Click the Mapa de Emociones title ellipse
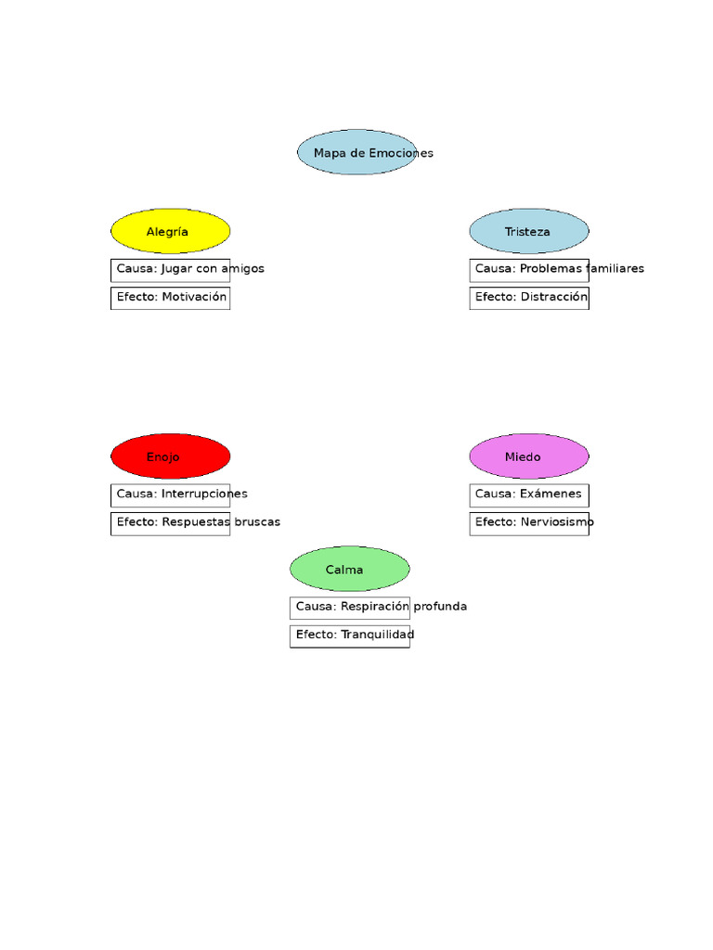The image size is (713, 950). [356, 153]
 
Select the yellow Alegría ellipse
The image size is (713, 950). [171, 232]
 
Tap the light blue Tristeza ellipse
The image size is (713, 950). [529, 232]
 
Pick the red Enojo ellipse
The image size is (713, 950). [171, 457]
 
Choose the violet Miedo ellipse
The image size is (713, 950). [529, 457]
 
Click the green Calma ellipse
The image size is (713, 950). [350, 570]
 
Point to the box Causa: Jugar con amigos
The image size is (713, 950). [171, 269]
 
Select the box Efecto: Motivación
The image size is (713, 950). [171, 298]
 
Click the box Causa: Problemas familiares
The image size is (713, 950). [529, 269]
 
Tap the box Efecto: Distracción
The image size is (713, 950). [529, 298]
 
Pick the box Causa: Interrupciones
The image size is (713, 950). [171, 494]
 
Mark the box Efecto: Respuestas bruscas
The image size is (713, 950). [171, 523]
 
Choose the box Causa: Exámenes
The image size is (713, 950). [529, 494]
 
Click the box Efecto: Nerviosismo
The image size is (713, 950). [529, 523]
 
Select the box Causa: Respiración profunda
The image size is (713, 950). [350, 607]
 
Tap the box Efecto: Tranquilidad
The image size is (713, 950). [350, 635]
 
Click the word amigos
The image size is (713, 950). [242, 269]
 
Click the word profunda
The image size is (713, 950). [440, 607]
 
